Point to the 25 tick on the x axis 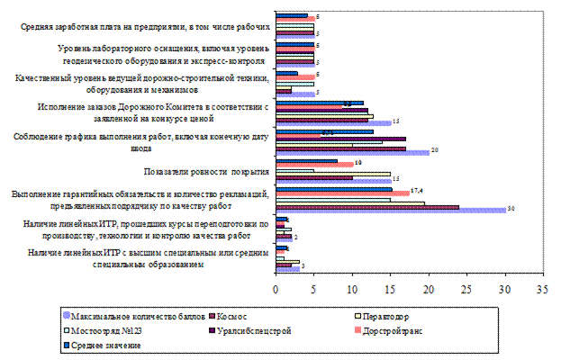tap(466, 289)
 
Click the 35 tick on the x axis tap(541, 289)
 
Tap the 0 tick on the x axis tap(276, 289)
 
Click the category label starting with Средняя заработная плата tap(144, 28)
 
